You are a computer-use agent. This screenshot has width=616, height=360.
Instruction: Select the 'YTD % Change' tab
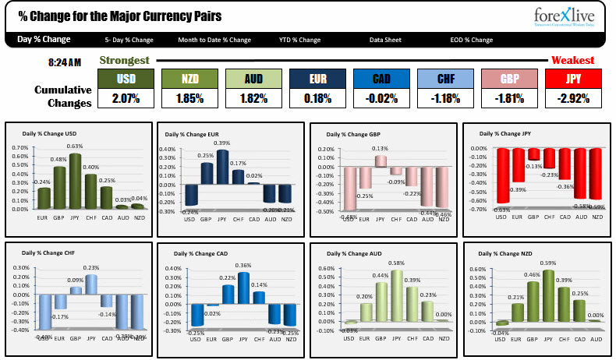[299, 40]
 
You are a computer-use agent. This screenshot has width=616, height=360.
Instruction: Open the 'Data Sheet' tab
[386, 40]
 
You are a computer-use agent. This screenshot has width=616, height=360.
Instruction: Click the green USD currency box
[126, 79]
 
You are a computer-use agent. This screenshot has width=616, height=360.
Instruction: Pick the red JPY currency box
[573, 79]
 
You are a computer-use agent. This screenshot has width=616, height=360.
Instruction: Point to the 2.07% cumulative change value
[126, 98]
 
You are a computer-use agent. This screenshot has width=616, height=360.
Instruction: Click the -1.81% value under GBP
[509, 98]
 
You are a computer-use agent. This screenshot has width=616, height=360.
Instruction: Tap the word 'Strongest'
[124, 60]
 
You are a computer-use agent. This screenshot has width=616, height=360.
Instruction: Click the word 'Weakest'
[572, 60]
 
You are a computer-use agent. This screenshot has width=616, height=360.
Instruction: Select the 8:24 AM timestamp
[65, 61]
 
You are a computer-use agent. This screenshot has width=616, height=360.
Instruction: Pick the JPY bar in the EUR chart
[222, 167]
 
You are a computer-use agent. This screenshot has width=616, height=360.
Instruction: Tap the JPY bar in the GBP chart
[380, 161]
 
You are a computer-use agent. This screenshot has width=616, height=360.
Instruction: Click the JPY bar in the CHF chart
[92, 284]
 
